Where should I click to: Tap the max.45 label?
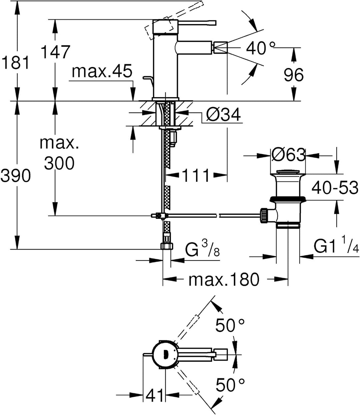(x=102, y=72)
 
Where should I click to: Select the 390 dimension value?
(x=15, y=175)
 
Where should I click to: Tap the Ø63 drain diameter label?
(x=288, y=155)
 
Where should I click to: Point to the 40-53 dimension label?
(x=335, y=187)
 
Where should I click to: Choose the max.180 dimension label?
(x=223, y=280)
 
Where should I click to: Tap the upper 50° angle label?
(x=230, y=326)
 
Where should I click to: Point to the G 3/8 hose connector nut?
(x=167, y=247)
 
